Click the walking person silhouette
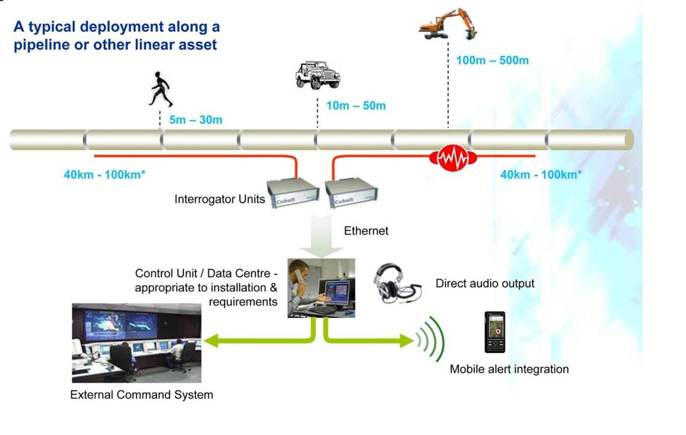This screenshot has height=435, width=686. click(x=160, y=89)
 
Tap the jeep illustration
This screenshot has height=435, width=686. click(x=317, y=75)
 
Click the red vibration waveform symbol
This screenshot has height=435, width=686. click(x=453, y=158)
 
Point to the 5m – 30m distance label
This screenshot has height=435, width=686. click(x=196, y=120)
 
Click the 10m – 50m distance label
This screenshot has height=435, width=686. click(x=356, y=105)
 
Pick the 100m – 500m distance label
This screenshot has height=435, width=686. click(x=492, y=61)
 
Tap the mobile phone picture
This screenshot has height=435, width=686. click(x=495, y=332)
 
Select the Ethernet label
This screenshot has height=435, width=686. click(x=366, y=231)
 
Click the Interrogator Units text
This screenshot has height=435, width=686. click(x=219, y=199)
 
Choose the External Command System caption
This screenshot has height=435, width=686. click(x=142, y=395)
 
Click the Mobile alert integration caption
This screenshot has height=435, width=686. click(x=509, y=369)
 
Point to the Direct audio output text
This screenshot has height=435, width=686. click(x=485, y=283)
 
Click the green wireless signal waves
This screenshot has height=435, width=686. click(x=431, y=339)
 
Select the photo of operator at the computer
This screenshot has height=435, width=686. click(x=321, y=288)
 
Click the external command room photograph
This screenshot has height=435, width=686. click(x=137, y=343)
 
